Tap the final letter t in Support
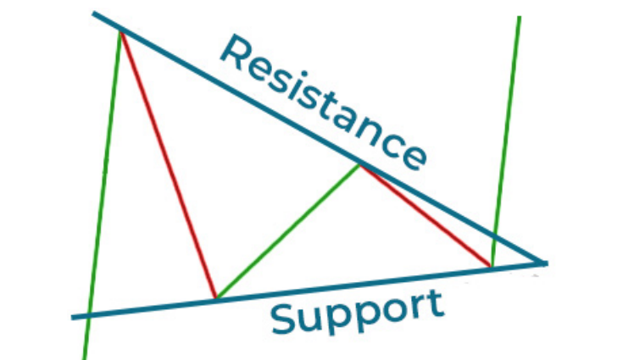tap(436, 303)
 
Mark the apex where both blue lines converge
tap(544, 263)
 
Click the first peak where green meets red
tap(120, 31)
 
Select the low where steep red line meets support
tap(216, 297)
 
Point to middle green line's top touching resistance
tap(359, 165)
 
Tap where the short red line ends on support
tap(492, 267)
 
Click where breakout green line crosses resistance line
tap(495, 236)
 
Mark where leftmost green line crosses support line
tap(89, 316)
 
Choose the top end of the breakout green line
tap(520, 17)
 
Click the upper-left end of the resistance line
tap(93, 13)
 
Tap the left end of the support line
tap(72, 318)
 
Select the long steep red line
tap(168, 164)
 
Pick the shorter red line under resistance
tap(426, 216)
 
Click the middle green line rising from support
tap(287, 231)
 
